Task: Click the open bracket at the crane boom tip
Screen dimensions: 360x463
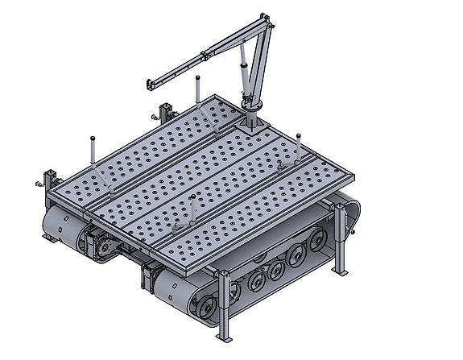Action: (149, 84)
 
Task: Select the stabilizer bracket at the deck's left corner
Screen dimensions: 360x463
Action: (51, 180)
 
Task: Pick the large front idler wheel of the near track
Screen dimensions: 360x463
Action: (205, 309)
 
